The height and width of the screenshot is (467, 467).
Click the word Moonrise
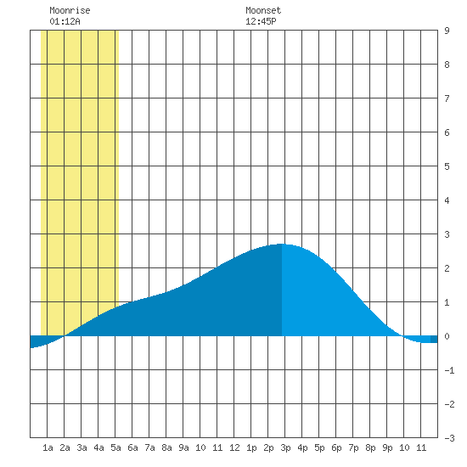click(x=70, y=10)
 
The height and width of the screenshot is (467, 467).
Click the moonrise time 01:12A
click(x=65, y=21)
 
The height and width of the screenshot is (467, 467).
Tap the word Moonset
click(x=263, y=10)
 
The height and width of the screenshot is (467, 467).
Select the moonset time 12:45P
click(x=261, y=21)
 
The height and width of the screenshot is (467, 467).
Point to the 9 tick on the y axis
click(x=447, y=31)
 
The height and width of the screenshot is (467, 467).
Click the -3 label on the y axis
click(x=449, y=438)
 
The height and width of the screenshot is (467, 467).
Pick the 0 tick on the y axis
click(x=447, y=336)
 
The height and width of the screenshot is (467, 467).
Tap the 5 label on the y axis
click(x=447, y=166)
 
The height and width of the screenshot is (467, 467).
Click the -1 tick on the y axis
click(x=449, y=370)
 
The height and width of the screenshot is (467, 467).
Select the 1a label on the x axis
click(x=48, y=447)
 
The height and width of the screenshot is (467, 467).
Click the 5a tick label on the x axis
click(x=115, y=447)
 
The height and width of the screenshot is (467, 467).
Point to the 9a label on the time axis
click(x=183, y=447)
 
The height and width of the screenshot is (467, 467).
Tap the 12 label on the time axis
click(x=234, y=447)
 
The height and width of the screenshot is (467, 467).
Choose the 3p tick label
click(x=285, y=447)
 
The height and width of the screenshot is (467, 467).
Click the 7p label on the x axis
click(x=353, y=447)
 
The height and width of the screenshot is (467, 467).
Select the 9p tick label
click(x=387, y=447)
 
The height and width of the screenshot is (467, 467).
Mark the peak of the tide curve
click(x=282, y=244)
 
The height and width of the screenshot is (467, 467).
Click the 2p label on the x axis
click(x=268, y=447)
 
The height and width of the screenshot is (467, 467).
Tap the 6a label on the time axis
click(x=132, y=447)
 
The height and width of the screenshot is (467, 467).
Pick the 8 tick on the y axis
click(x=447, y=65)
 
